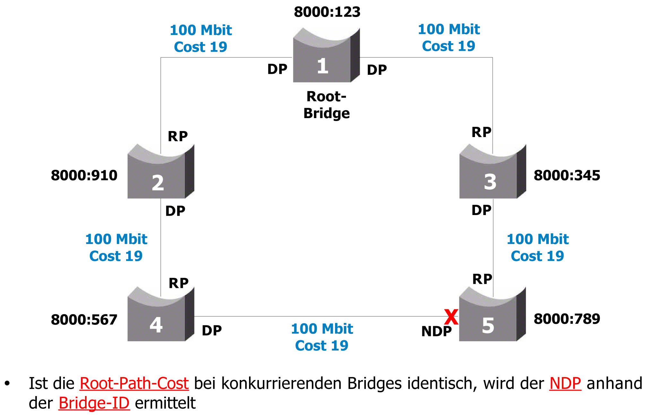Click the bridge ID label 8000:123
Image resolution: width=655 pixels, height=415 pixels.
(x=327, y=12)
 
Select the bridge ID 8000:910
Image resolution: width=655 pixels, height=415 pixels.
(x=84, y=176)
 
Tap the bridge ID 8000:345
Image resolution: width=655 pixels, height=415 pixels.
(x=567, y=176)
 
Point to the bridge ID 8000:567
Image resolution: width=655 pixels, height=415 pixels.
(x=84, y=320)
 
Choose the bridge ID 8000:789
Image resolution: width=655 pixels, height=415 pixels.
(x=567, y=319)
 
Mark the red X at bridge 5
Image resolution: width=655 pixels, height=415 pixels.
(x=451, y=317)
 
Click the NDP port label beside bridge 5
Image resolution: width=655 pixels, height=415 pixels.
(x=436, y=332)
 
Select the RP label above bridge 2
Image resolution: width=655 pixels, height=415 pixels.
(x=177, y=137)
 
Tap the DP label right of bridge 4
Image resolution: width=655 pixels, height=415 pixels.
(x=211, y=331)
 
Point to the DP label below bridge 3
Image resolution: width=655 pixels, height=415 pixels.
(x=481, y=211)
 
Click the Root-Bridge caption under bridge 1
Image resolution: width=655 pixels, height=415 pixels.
(x=326, y=105)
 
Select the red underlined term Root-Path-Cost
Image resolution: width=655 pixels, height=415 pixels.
(x=134, y=384)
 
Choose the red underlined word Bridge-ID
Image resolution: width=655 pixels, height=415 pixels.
(x=94, y=403)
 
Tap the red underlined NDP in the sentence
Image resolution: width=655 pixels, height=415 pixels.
(x=565, y=384)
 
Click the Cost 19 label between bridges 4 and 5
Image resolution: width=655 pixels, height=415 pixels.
(x=322, y=346)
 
